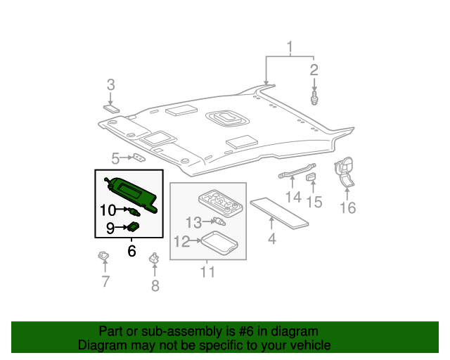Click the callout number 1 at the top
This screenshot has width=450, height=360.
289,48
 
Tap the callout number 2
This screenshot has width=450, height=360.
314,70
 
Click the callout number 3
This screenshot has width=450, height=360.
110,85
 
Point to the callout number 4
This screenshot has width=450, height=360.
271,238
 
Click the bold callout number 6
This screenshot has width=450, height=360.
131,251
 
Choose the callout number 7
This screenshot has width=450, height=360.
105,283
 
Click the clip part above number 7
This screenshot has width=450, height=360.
104,256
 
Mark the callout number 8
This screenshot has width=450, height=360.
155,285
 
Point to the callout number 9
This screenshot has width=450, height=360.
110,228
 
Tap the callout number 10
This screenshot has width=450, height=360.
108,210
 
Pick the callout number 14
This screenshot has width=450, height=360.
292,197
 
